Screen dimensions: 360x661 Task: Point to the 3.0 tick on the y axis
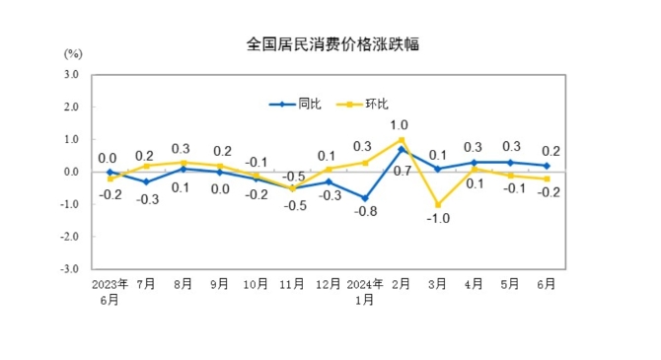click(x=71, y=75)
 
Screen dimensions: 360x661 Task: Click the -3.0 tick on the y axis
click(x=70, y=268)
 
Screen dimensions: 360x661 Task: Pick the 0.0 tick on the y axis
click(x=71, y=172)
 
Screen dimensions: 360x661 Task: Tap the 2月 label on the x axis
click(x=402, y=284)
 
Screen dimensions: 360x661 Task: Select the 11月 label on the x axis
click(x=291, y=284)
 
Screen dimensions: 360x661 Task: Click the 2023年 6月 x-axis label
click(x=110, y=291)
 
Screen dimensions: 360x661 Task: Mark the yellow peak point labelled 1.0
click(x=402, y=139)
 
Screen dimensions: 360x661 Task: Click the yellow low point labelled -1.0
click(x=437, y=204)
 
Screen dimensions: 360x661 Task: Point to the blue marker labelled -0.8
click(x=365, y=197)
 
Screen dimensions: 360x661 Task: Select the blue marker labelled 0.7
click(x=402, y=149)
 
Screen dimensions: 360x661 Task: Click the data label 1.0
click(x=400, y=125)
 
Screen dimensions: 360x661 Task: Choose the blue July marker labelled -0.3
click(x=146, y=181)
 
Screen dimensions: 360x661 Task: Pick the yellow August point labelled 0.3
click(x=183, y=162)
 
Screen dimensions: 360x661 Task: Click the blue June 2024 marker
click(x=547, y=166)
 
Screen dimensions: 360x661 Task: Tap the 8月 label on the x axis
click(x=183, y=284)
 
